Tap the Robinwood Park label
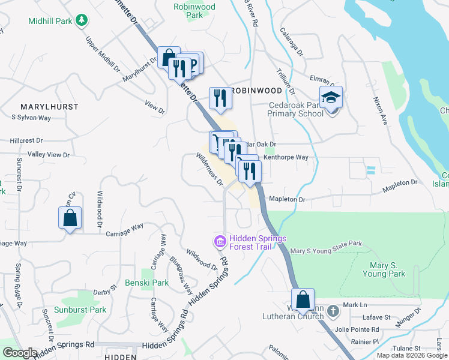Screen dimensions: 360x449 coord(194,11)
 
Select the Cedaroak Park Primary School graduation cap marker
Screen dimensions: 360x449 coord(330,98)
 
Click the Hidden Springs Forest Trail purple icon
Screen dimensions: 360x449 coord(220,242)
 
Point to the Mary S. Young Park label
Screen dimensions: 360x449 coord(384,269)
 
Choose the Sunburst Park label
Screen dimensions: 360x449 coord(80,310)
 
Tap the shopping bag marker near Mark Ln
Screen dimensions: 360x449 coord(303,300)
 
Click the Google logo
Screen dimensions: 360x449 coord(20,353)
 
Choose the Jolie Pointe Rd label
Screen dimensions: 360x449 coord(357,329)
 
